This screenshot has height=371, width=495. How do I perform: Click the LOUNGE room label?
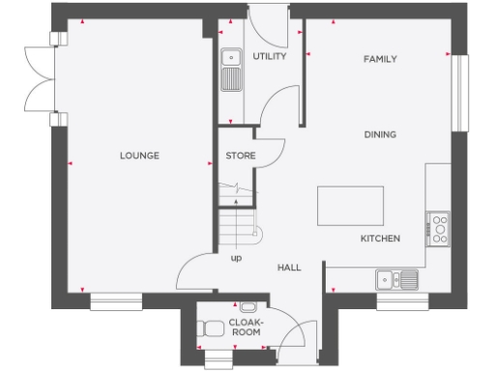coord(139,156)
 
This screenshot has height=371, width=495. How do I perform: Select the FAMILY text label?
coord(380,59)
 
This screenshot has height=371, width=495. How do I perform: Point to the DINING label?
coord(380,134)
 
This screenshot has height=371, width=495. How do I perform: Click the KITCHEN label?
coord(380,238)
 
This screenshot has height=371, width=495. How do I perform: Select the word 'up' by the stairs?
coord(236,259)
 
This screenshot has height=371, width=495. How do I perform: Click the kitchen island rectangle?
coord(349,206)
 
